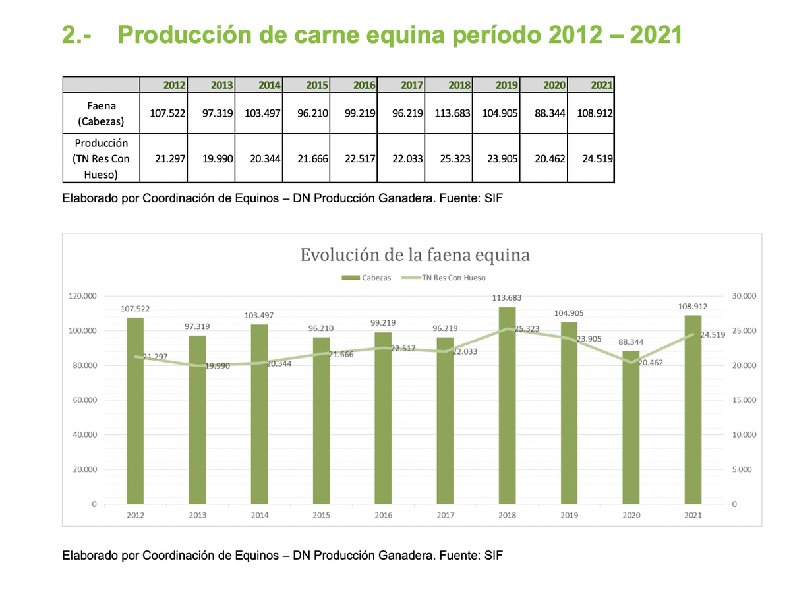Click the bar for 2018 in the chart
[507, 405]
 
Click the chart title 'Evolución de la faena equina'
[415, 254]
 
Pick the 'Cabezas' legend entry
[366, 278]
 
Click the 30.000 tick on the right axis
[745, 296]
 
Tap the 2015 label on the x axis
[321, 516]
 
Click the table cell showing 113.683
[452, 113]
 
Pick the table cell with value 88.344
[550, 113]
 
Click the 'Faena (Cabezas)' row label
[102, 113]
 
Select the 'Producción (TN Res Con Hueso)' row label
[102, 159]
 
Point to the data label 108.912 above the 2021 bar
[692, 307]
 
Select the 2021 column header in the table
[602, 84]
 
